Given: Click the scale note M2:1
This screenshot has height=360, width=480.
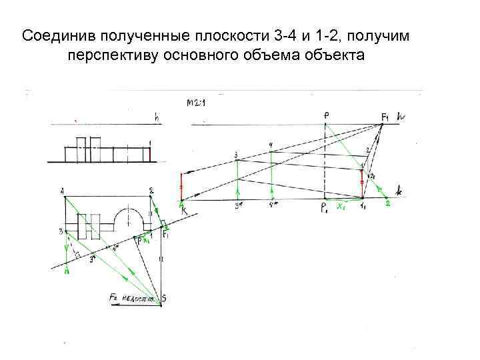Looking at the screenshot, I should (x=197, y=103).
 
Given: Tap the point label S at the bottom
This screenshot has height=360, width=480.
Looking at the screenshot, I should (x=164, y=298).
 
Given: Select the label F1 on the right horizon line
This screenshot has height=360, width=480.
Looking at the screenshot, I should (x=385, y=118).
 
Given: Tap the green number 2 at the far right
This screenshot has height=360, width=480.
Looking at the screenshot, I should (x=387, y=204).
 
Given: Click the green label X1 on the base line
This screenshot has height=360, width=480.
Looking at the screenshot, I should (x=341, y=206).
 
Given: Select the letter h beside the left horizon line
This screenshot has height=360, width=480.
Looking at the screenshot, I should (x=157, y=118).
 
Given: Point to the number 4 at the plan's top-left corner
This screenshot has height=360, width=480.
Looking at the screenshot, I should (x=62, y=191).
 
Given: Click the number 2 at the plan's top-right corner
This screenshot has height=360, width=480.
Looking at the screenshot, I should (x=151, y=191).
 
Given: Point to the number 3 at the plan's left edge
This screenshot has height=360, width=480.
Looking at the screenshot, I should (x=61, y=231).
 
